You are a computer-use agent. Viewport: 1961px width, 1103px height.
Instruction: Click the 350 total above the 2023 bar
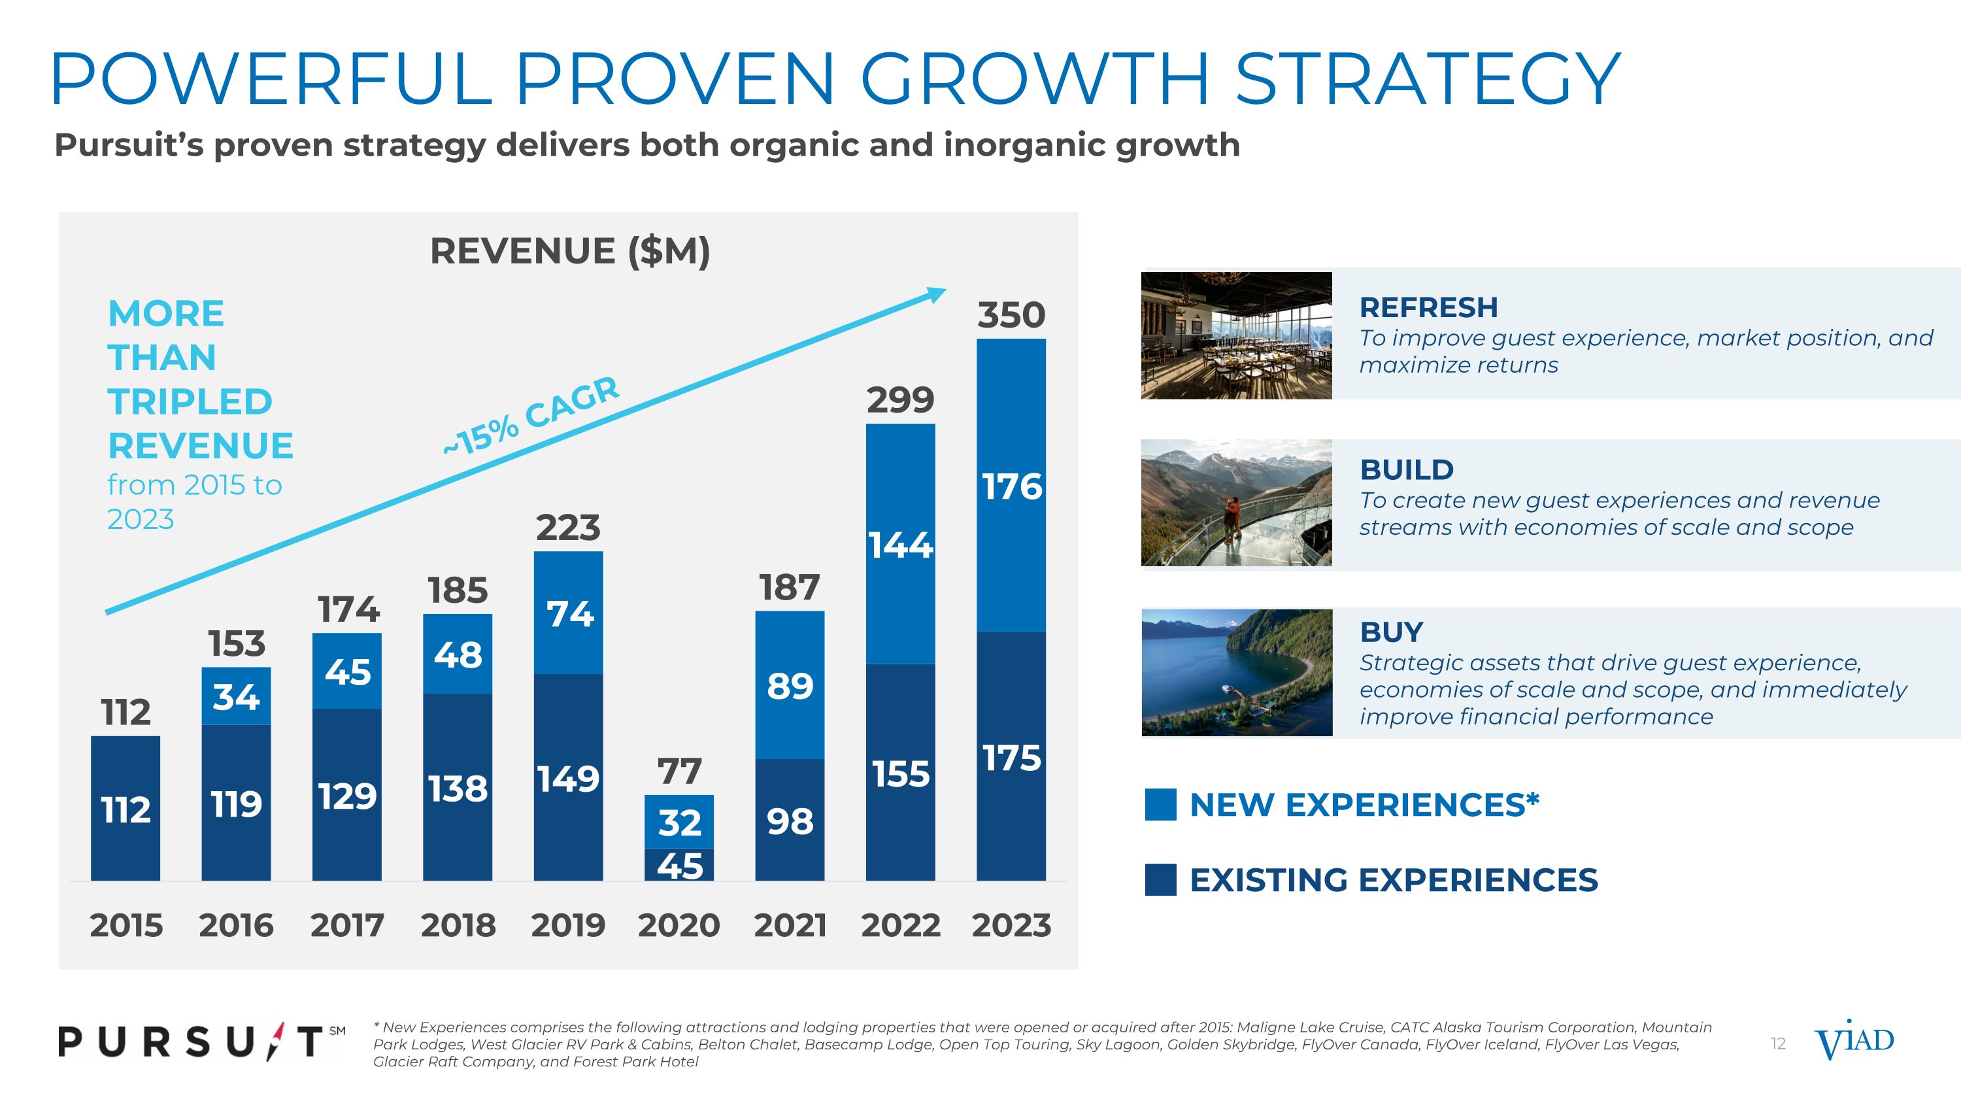(x=1011, y=315)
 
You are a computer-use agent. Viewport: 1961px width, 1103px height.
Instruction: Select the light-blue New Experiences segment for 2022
(x=901, y=543)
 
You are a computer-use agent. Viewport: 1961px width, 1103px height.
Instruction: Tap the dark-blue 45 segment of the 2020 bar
(x=679, y=866)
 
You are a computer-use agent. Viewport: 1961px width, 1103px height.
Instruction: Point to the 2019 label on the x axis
(x=568, y=926)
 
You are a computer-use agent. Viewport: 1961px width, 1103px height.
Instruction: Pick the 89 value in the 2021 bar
(x=790, y=686)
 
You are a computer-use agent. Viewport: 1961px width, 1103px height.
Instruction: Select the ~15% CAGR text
(x=531, y=416)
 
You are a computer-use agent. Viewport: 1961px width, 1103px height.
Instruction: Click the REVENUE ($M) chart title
(x=569, y=251)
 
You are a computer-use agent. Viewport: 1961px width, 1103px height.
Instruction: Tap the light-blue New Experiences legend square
(x=1160, y=805)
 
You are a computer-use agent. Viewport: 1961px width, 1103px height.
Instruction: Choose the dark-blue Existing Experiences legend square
(x=1160, y=880)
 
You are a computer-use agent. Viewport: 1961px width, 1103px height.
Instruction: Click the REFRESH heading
(x=1428, y=307)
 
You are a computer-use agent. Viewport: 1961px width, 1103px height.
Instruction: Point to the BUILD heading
(x=1407, y=469)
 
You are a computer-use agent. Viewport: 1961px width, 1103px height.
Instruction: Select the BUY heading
(x=1391, y=632)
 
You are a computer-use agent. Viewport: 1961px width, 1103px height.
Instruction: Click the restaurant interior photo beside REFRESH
(x=1236, y=335)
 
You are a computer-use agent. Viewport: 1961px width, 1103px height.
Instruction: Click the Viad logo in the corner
(x=1854, y=1041)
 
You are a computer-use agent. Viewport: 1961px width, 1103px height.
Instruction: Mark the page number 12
(x=1777, y=1044)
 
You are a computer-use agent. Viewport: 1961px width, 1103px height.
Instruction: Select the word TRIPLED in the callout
(x=190, y=402)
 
